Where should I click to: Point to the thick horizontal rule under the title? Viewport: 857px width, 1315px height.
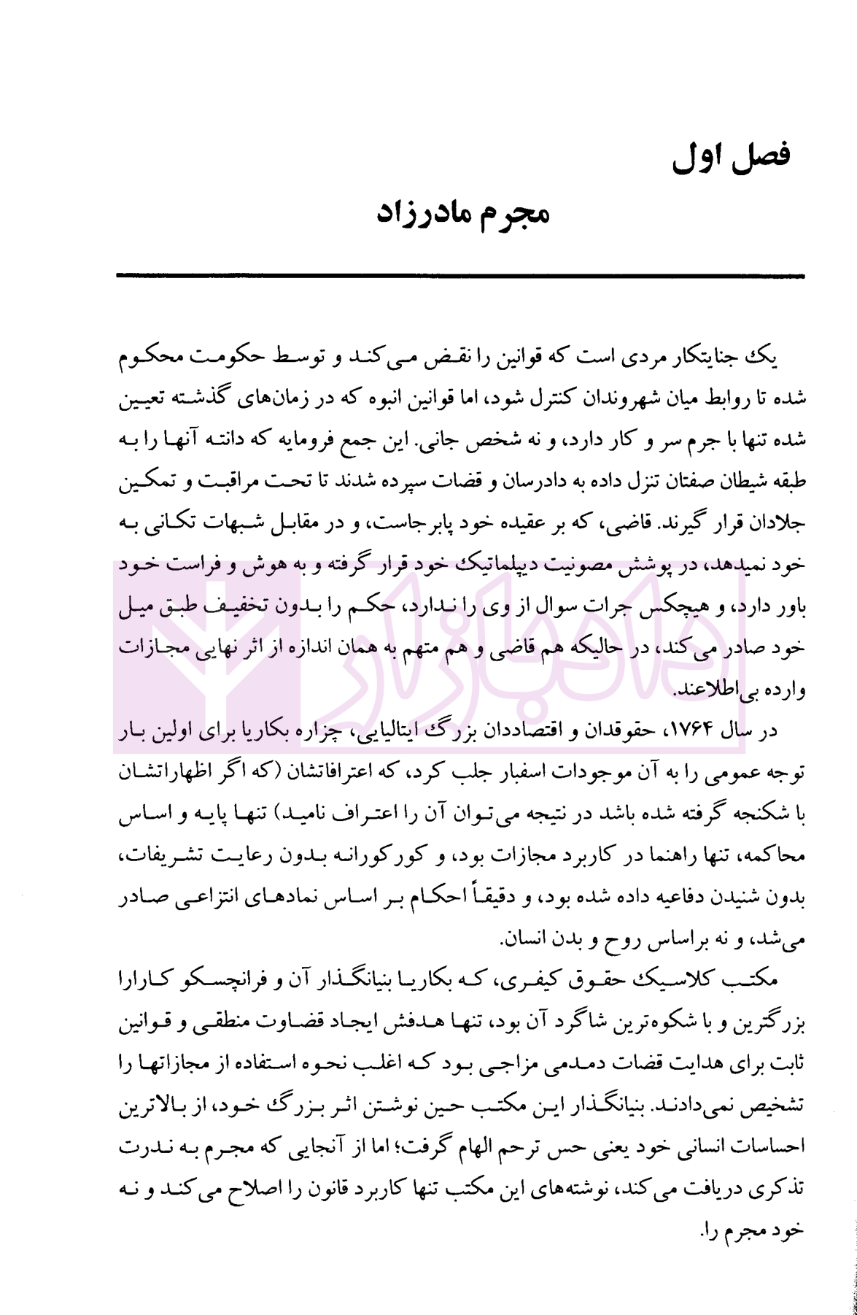click(459, 276)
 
